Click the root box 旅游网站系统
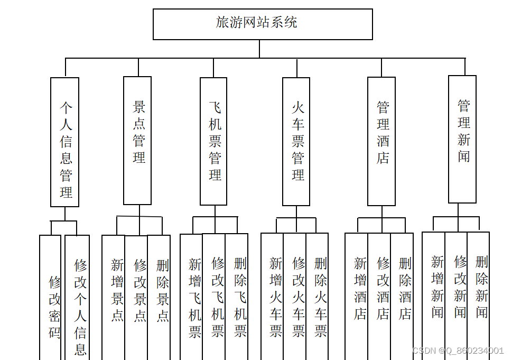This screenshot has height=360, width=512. (x=263, y=24)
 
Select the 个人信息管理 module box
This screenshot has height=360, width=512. (x=65, y=142)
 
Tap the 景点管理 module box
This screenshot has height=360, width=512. (x=137, y=141)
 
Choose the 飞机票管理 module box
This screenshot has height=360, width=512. (x=213, y=141)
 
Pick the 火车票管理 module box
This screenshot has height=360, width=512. (x=296, y=142)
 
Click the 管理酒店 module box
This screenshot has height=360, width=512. (x=381, y=141)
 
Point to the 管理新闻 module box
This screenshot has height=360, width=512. (x=462, y=139)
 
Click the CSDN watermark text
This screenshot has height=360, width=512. (x=458, y=350)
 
